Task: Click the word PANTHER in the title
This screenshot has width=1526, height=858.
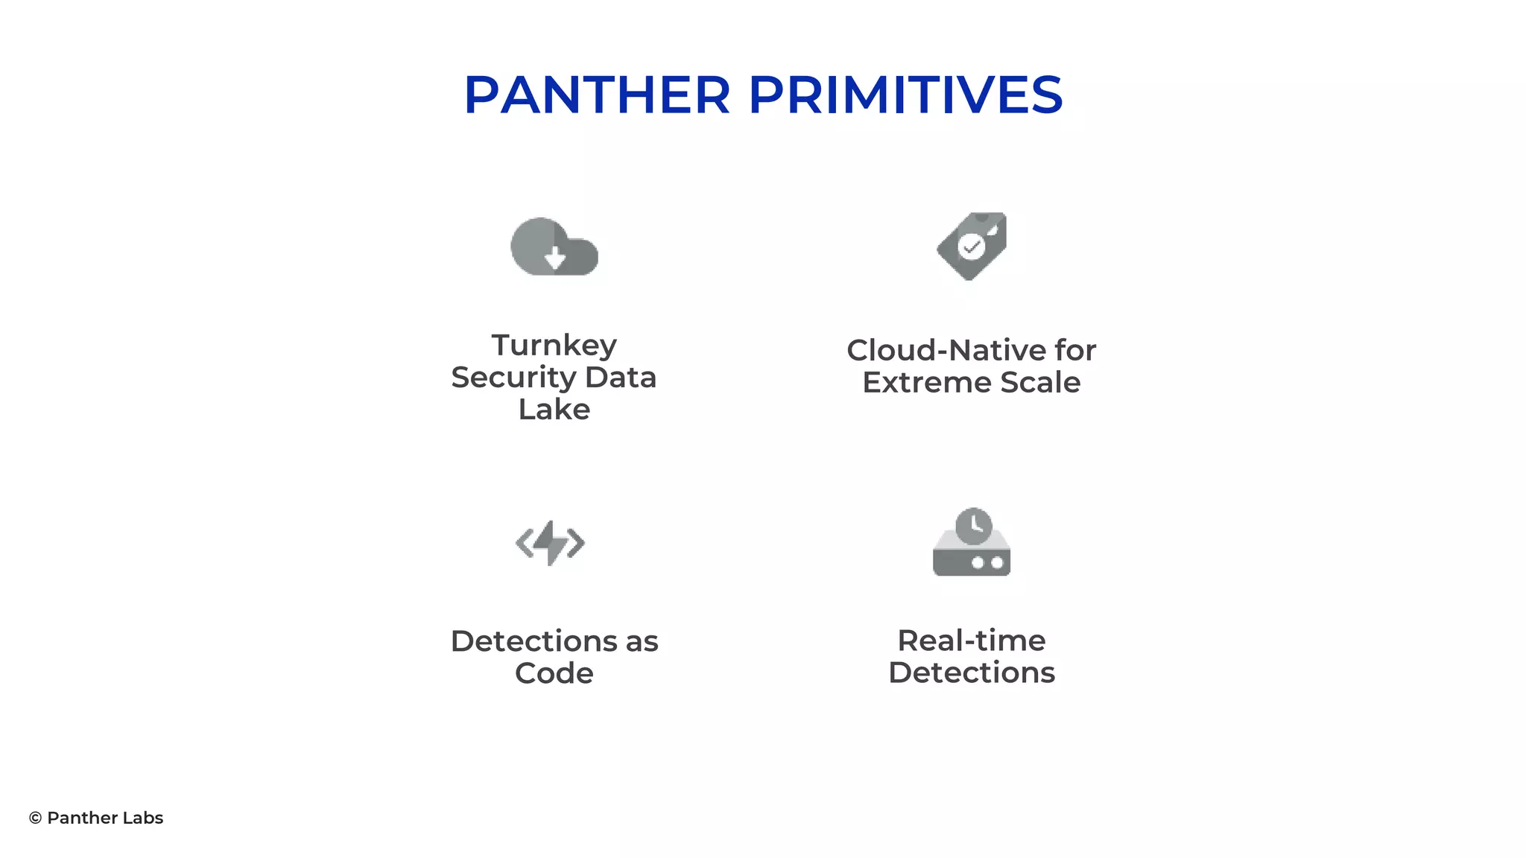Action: click(597, 95)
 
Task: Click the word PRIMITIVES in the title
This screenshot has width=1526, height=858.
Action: click(905, 95)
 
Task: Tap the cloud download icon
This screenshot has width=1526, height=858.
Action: click(554, 247)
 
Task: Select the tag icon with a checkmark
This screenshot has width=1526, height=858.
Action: click(972, 247)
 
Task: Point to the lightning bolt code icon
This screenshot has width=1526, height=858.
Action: click(551, 543)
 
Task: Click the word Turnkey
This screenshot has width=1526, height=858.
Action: click(554, 345)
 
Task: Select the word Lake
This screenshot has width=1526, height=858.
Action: click(554, 410)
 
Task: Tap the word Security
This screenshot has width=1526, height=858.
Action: click(513, 378)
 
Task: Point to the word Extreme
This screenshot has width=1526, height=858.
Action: click(926, 383)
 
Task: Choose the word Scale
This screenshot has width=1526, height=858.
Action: click(1040, 383)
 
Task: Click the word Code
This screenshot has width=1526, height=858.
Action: click(554, 673)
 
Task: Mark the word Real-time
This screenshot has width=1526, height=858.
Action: click(972, 641)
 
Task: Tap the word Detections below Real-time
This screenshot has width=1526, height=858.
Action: click(972, 673)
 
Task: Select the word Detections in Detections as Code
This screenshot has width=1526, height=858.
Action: click(534, 641)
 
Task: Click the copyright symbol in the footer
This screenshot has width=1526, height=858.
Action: click(35, 818)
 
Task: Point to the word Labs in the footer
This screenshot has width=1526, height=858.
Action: click(143, 818)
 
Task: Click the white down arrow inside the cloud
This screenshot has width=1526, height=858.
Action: click(555, 258)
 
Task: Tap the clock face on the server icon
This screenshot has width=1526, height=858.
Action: click(974, 527)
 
